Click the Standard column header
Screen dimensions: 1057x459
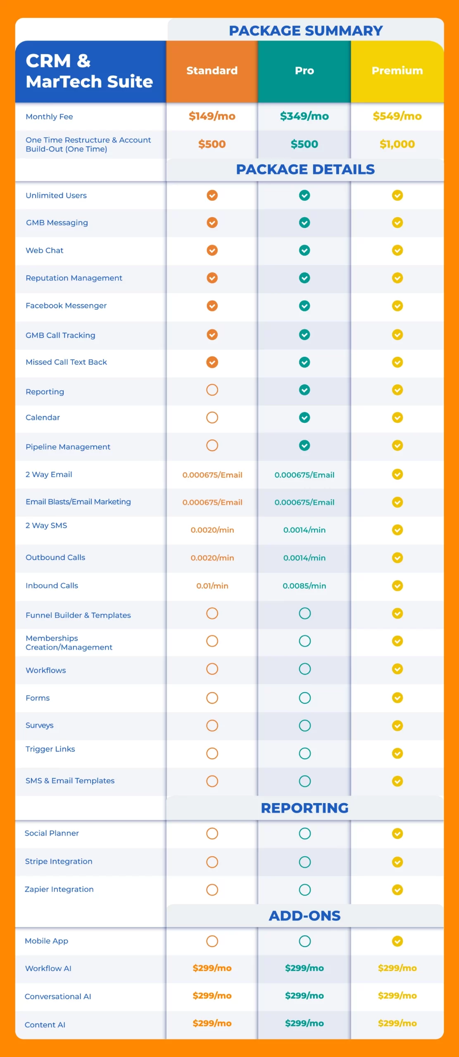tap(212, 71)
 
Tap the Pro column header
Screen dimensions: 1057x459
tap(304, 71)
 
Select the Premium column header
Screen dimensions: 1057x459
tap(397, 71)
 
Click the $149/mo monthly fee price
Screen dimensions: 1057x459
tap(212, 116)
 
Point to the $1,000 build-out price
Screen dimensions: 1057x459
tap(397, 144)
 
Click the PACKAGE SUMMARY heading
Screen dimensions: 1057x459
tap(306, 31)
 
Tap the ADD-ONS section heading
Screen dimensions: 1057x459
tap(305, 916)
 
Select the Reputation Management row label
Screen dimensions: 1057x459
tap(74, 278)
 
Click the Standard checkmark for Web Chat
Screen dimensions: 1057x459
tap(212, 250)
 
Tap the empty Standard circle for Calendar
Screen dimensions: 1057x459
tap(212, 417)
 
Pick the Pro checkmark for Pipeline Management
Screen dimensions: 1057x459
tap(304, 446)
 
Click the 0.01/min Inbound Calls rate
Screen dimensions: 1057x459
tap(212, 585)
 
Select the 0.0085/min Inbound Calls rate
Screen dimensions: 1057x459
tap(304, 585)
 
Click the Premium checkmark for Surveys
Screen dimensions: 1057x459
tap(397, 725)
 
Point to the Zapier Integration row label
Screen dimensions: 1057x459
tap(59, 889)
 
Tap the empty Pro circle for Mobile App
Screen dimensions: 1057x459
tap(305, 941)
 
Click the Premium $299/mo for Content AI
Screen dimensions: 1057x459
tap(397, 1023)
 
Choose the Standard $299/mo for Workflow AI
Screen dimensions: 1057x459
tap(212, 968)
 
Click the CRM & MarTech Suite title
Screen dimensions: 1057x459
tap(89, 71)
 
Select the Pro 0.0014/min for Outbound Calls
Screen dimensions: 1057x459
tap(304, 558)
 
